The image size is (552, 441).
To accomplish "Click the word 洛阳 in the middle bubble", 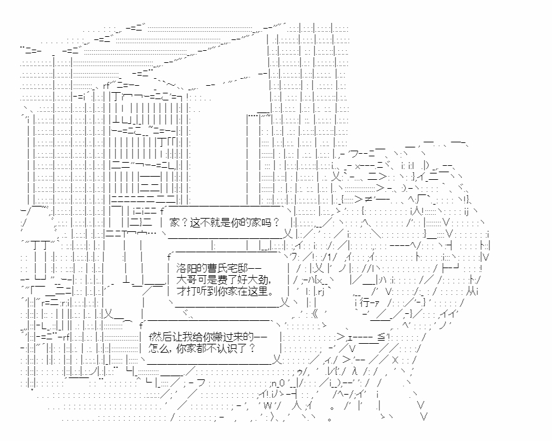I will coord(183,269).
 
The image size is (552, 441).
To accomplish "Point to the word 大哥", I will coord(183,280).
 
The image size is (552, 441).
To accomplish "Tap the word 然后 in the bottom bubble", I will coord(156,336).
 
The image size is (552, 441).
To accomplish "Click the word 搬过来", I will coord(230,336).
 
